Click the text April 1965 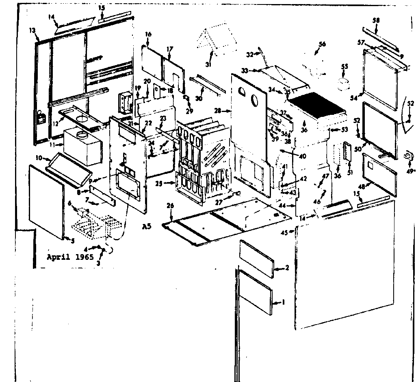pyautogui.click(x=70, y=257)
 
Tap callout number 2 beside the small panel pyautogui.click(x=287, y=268)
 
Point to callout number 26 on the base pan pyautogui.click(x=170, y=206)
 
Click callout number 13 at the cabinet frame pyautogui.click(x=32, y=31)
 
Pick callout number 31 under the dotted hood pyautogui.click(x=209, y=65)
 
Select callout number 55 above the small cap pyautogui.click(x=344, y=66)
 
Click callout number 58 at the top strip pyautogui.click(x=376, y=20)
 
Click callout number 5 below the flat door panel pyautogui.click(x=72, y=240)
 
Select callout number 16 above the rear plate pyautogui.click(x=148, y=35)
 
